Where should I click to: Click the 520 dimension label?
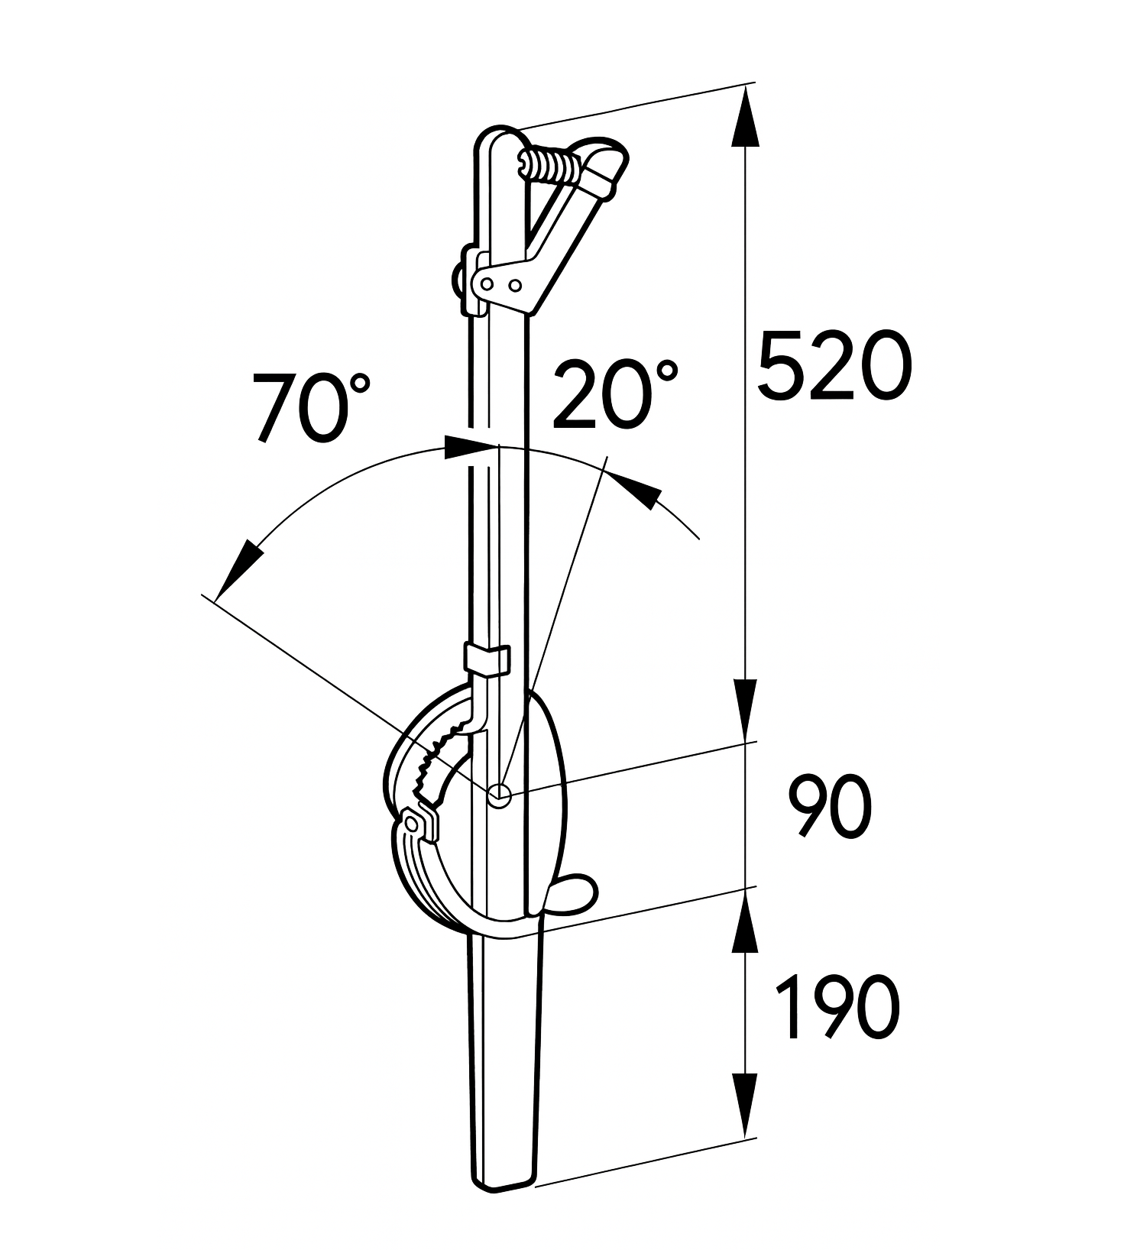point(834,365)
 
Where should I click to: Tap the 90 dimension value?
point(830,807)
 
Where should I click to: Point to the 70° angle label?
point(311,406)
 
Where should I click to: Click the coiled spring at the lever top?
point(551,166)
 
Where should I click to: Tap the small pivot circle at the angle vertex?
point(499,795)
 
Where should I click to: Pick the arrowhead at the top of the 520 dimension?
point(745,115)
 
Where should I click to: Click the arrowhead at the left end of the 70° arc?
point(236,569)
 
